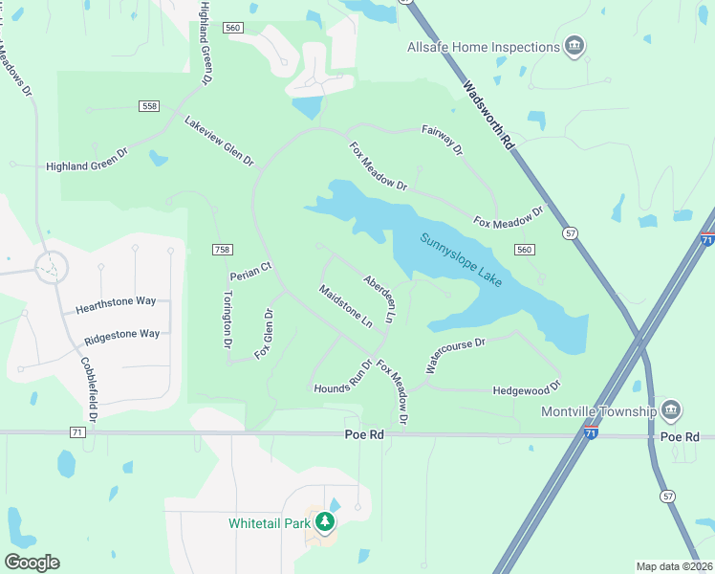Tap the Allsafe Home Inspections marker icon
click(x=574, y=47)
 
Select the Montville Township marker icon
click(x=670, y=411)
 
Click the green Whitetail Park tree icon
click(x=326, y=522)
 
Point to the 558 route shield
click(x=147, y=105)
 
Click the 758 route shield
click(x=222, y=250)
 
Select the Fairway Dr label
click(x=442, y=141)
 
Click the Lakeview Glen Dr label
click(x=219, y=143)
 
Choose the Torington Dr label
click(x=227, y=319)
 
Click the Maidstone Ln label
click(x=345, y=306)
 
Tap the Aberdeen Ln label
click(x=379, y=298)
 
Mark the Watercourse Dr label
click(x=456, y=354)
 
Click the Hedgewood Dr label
click(x=526, y=390)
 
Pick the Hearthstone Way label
click(x=116, y=300)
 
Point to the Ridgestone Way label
click(x=121, y=334)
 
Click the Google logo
click(x=32, y=563)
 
